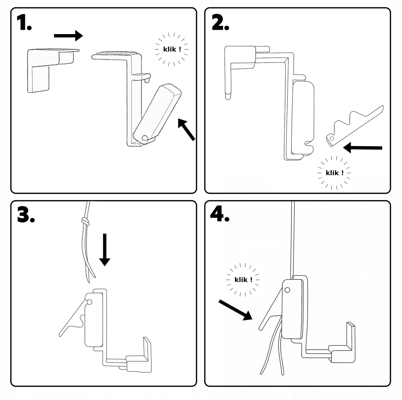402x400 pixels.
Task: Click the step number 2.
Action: (220, 23)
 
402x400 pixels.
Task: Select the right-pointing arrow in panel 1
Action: (68, 35)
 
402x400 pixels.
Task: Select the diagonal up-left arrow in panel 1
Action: (186, 129)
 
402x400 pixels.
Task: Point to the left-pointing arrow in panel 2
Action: (363, 148)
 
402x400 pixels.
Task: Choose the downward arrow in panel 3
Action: (105, 249)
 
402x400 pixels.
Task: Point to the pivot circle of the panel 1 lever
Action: (145, 138)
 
